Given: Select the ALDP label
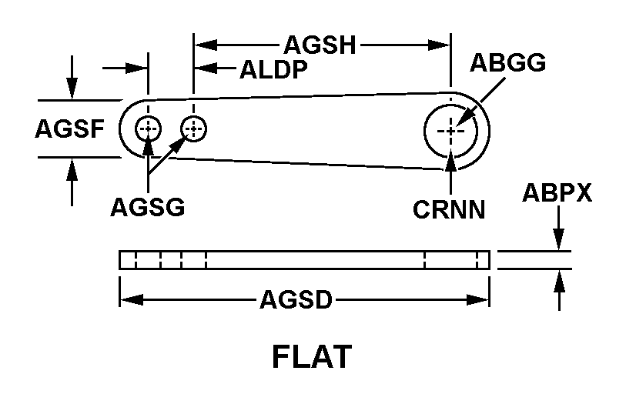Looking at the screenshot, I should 273,70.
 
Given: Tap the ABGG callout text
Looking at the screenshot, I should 507,63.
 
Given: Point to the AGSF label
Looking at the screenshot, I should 69,129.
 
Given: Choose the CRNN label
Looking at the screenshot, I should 449,209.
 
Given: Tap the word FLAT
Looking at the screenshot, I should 312,357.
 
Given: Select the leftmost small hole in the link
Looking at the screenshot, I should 148,129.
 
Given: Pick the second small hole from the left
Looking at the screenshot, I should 193,129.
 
